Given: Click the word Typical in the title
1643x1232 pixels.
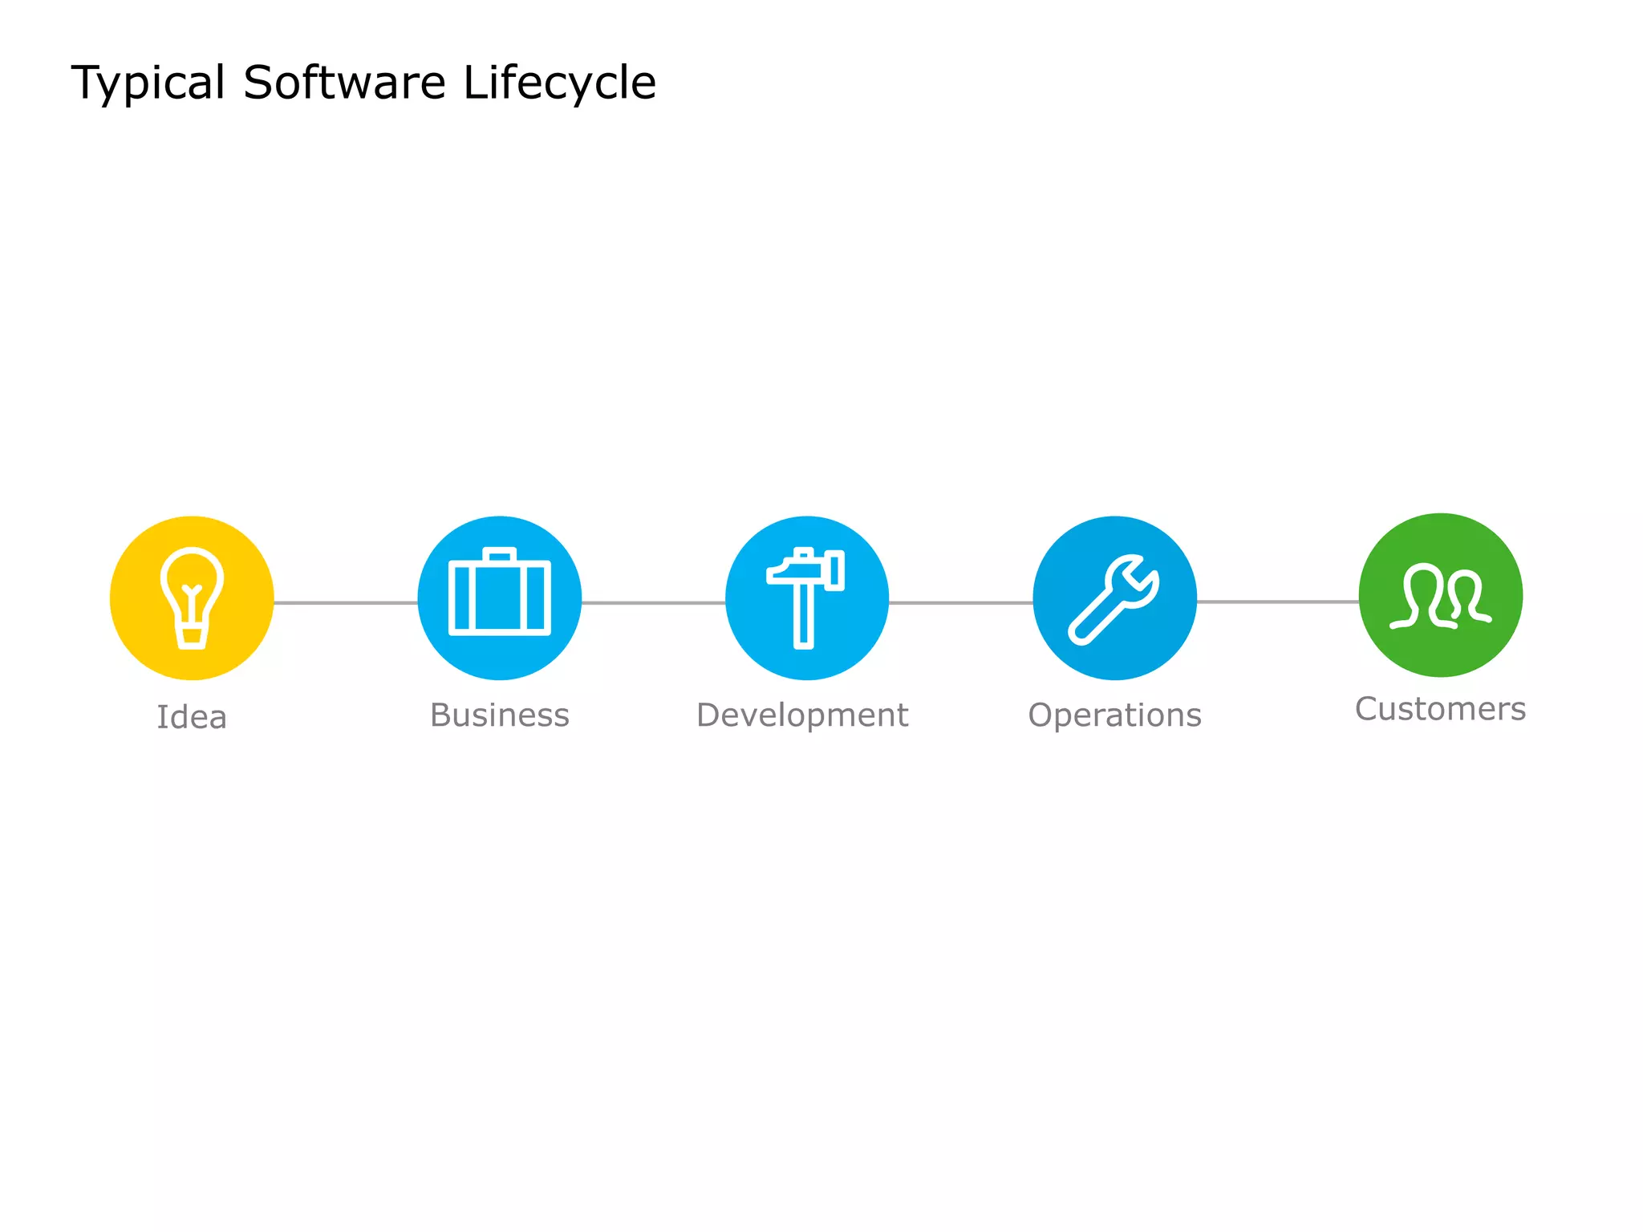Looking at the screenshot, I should click(148, 83).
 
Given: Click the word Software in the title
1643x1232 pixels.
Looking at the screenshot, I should click(344, 83).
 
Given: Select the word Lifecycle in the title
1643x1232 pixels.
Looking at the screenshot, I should click(559, 83).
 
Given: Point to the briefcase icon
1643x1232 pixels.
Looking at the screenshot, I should click(499, 594).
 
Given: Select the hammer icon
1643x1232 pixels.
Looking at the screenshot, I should click(805, 597).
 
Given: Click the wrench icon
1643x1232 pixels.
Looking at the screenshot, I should click(1114, 599).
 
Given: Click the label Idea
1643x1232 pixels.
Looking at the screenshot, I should click(192, 717).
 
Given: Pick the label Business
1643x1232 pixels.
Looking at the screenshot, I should click(499, 715).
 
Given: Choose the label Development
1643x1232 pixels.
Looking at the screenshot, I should click(802, 715).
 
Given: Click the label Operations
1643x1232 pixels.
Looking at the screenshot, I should click(1114, 715).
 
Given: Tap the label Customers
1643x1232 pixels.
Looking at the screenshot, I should click(1440, 709).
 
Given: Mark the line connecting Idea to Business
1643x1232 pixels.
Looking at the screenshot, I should click(345, 602).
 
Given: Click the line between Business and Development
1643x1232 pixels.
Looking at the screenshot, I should click(653, 602).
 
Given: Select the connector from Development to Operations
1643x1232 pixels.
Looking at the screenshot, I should click(960, 602).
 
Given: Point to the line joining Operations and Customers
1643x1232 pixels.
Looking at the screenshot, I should click(1277, 602).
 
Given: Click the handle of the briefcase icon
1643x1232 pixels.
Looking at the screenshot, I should click(499, 553).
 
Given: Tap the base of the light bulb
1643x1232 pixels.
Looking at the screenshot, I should click(192, 638).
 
